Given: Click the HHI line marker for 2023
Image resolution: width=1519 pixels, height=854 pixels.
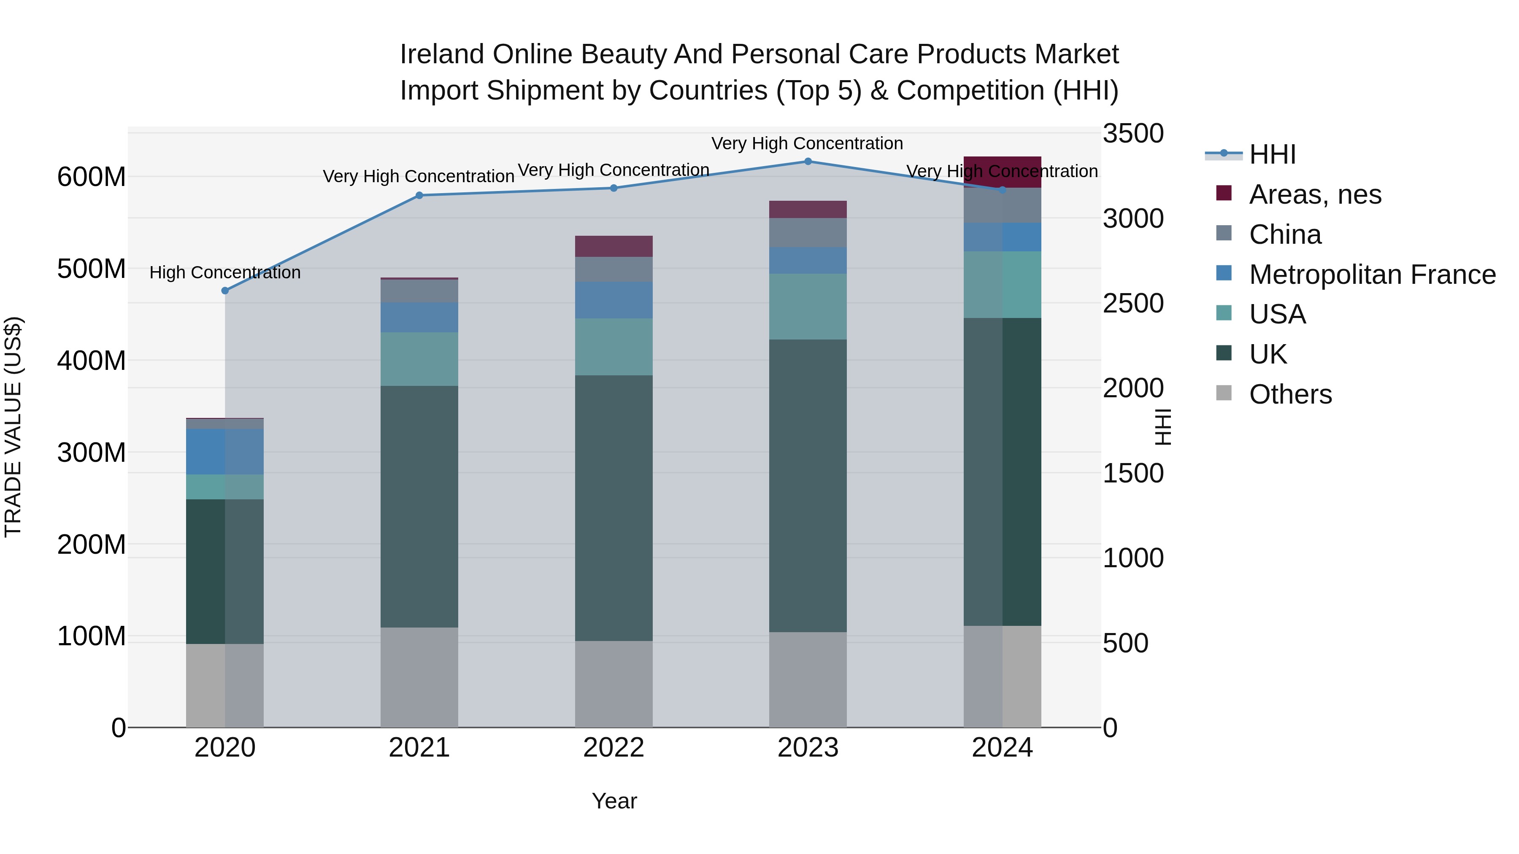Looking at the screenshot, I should click(808, 162).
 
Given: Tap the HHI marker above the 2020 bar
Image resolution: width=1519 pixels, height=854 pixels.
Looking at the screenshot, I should click(224, 291).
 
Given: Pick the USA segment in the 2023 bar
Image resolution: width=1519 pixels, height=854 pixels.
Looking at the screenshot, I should click(808, 307).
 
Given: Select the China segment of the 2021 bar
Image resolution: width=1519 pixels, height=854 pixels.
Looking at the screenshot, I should click(419, 291).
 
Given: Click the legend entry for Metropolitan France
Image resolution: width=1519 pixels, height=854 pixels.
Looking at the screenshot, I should click(1372, 275).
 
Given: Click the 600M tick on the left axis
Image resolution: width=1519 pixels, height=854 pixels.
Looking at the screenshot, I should click(92, 177).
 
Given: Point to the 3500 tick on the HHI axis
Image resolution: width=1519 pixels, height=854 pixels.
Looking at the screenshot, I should click(1133, 134).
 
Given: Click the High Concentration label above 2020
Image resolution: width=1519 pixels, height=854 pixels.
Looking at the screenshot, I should click(224, 273).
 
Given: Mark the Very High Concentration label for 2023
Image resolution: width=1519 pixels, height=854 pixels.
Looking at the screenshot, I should click(807, 144).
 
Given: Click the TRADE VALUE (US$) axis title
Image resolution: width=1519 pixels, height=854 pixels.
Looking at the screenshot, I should click(14, 427).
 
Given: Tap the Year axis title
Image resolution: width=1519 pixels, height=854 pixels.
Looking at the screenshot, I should click(614, 801).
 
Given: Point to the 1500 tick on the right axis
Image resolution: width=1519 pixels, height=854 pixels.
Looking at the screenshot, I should click(1133, 473).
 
